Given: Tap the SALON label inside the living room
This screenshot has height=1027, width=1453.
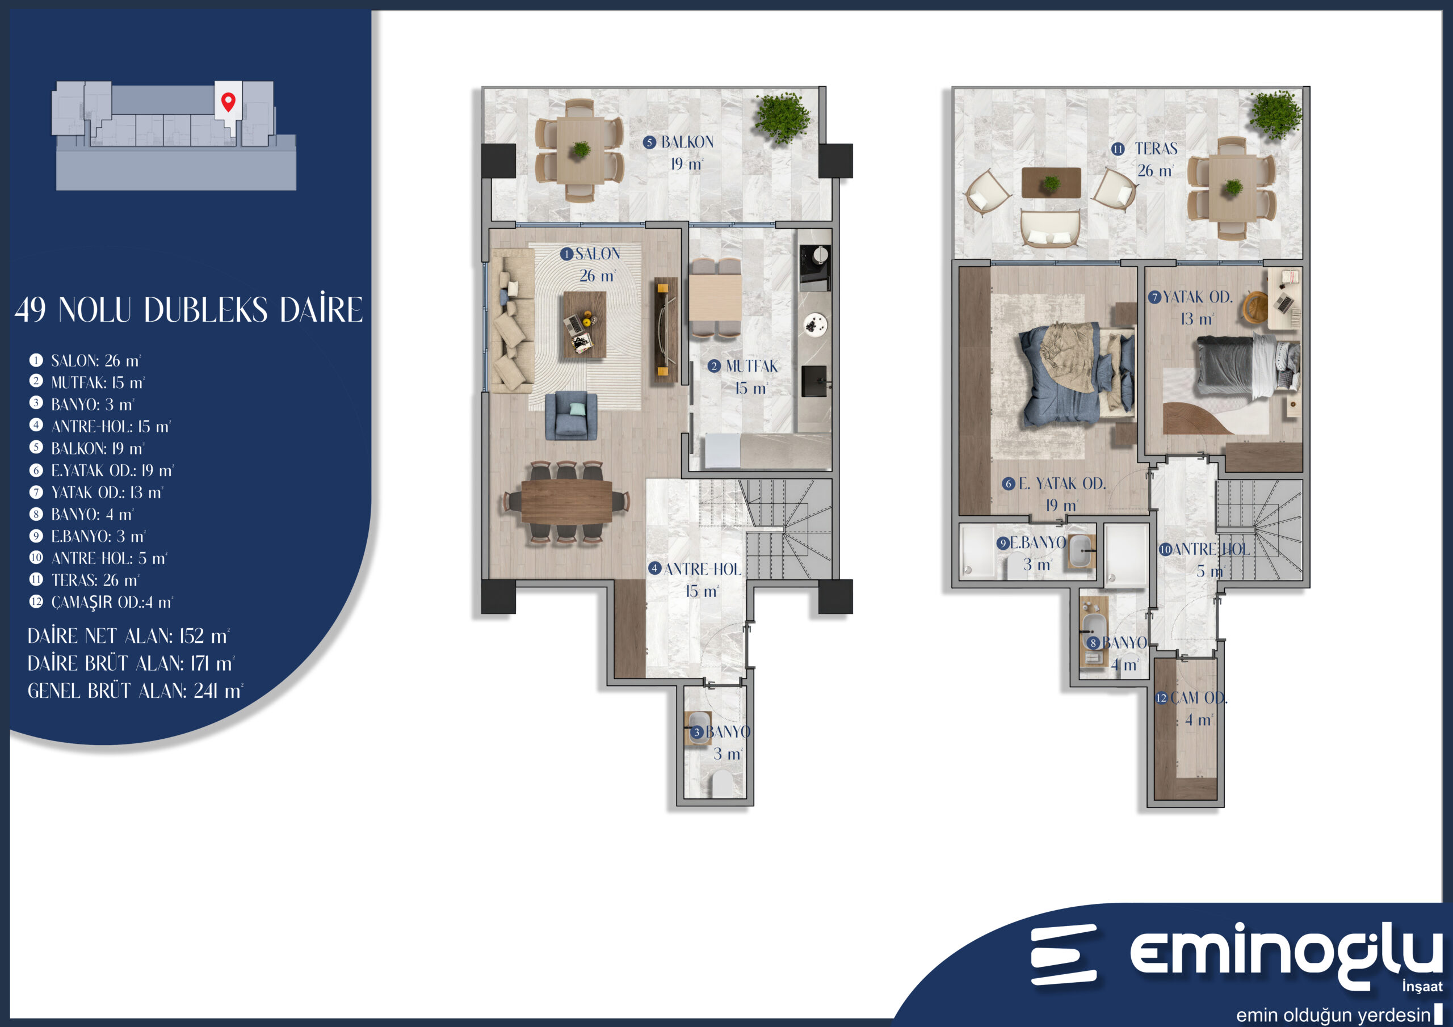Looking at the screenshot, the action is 598,254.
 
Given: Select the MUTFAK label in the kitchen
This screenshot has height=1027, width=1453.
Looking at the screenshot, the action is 752,367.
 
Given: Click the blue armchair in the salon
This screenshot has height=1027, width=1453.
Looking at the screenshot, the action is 571,416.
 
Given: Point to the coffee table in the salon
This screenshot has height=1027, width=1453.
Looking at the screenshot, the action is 584,325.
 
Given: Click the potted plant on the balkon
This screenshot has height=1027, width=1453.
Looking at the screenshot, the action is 782,117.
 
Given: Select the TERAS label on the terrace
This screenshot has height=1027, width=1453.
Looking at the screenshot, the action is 1156,149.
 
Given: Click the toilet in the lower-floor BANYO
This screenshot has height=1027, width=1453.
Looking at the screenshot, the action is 722,784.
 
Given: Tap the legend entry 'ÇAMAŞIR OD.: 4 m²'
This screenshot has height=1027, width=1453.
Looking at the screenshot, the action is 101,603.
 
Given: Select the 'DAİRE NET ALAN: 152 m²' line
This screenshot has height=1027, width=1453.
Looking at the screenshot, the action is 128,636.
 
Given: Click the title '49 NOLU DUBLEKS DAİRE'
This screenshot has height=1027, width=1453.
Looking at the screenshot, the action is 188,309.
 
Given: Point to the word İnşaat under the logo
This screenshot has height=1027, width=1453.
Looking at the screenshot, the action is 1422,987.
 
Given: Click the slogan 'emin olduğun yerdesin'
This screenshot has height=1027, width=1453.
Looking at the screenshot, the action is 1333,1015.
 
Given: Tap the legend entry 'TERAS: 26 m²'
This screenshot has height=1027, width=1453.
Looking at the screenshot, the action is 84,580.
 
